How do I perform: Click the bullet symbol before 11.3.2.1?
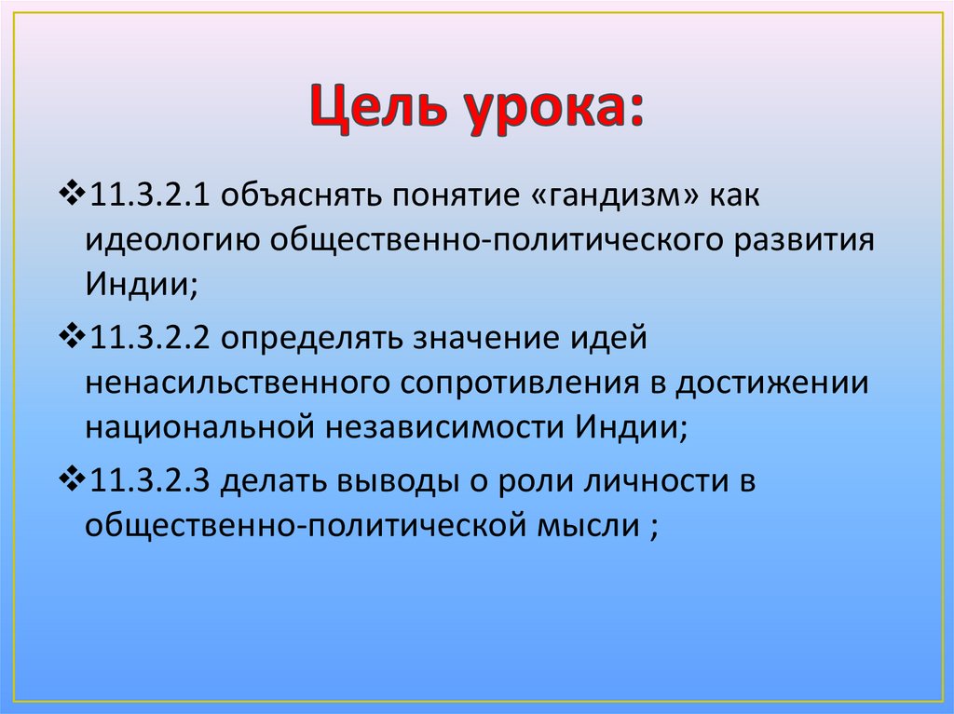coord(71,196)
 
